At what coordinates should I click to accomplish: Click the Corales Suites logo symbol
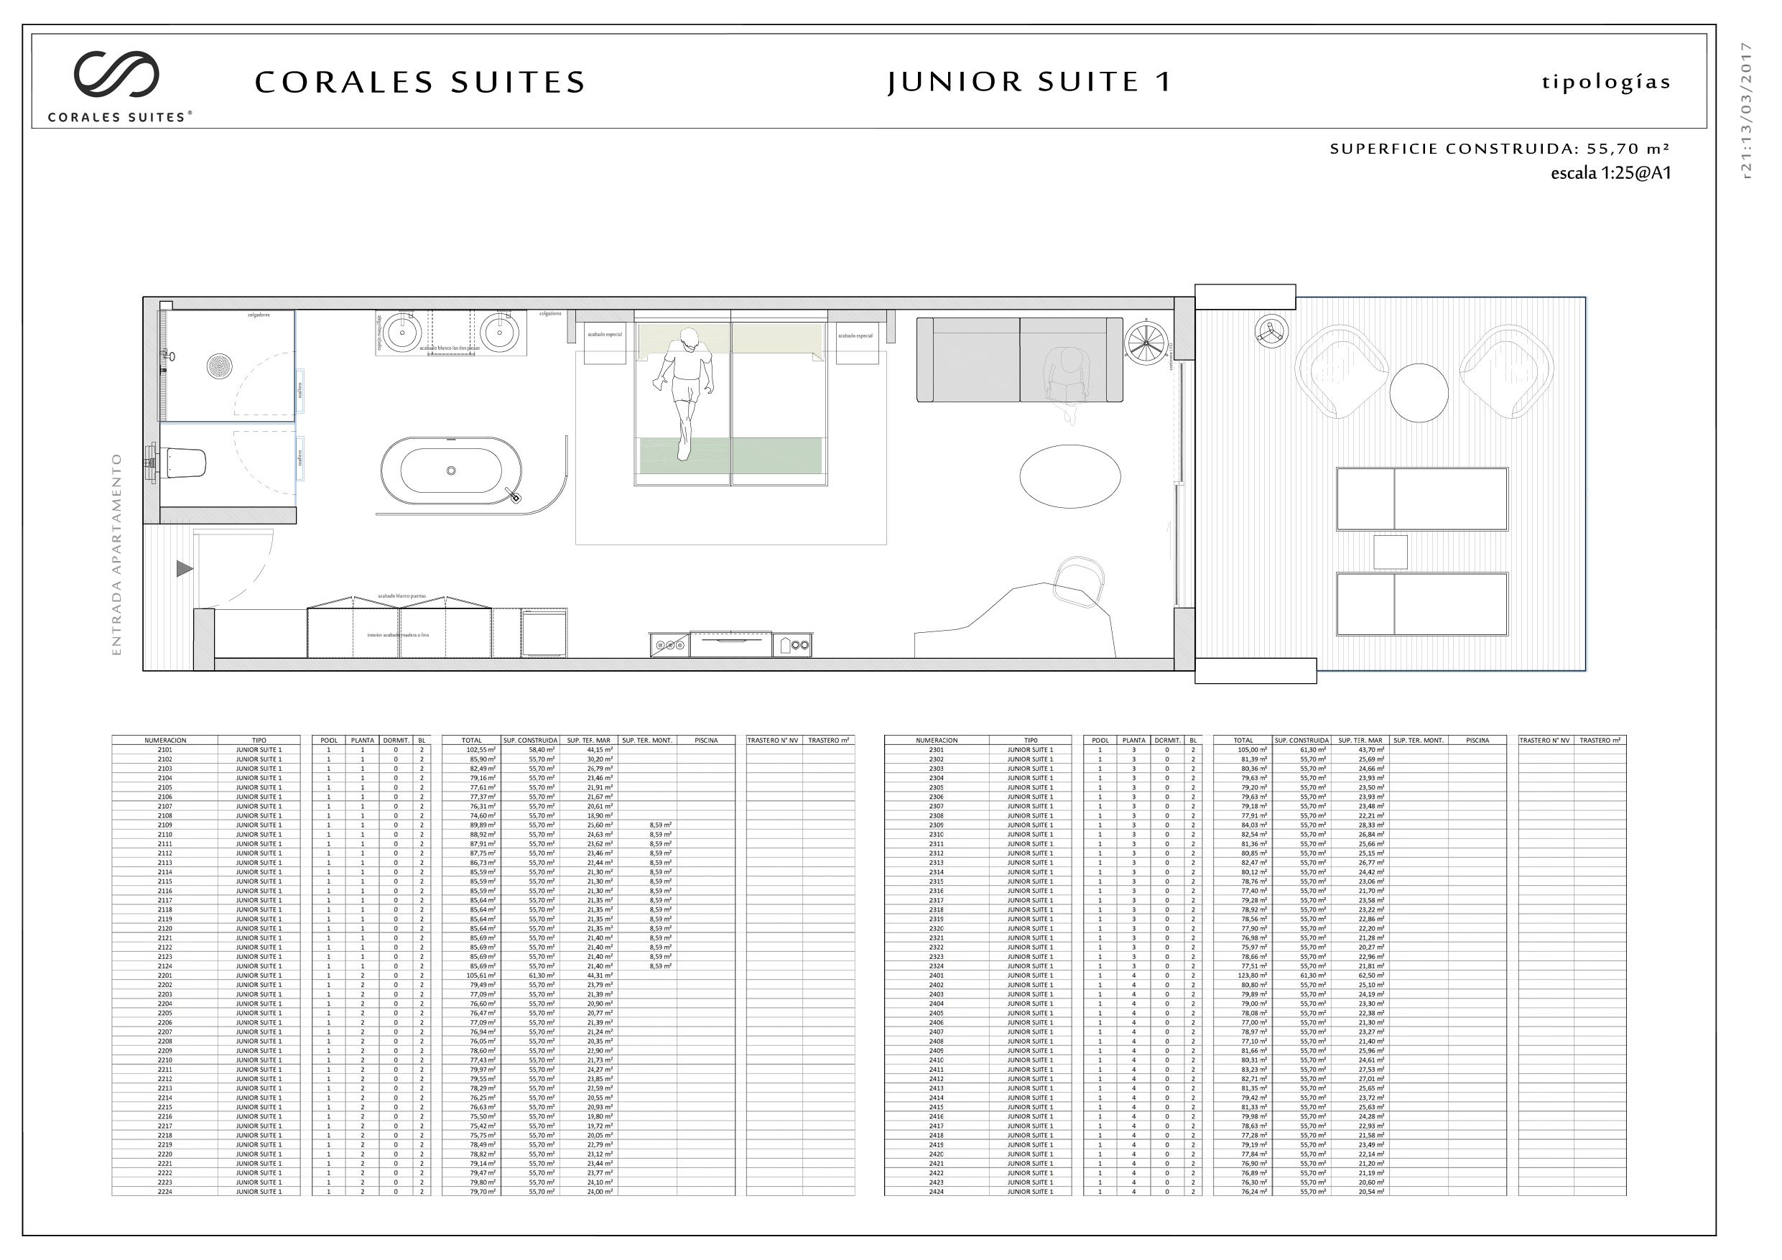coord(116,74)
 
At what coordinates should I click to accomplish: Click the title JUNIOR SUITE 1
coord(1029,81)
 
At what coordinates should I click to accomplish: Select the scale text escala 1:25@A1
coord(1610,173)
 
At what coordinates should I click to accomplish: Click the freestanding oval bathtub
coord(450,471)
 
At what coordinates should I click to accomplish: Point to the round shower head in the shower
coord(220,366)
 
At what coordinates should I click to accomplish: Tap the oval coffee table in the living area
coord(1069,476)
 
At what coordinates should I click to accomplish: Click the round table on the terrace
coord(1419,393)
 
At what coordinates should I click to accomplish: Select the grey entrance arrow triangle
coord(184,569)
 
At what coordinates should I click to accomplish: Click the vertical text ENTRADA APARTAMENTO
coord(117,555)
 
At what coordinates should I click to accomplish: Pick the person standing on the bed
coord(683,391)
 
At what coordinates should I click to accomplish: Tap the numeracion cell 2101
coord(164,750)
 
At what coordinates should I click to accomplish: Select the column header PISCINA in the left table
coord(705,741)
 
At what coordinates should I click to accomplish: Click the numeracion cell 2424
coord(936,1191)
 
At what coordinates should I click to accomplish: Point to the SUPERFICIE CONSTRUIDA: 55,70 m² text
coord(1500,149)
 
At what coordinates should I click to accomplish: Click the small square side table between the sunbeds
coord(1390,552)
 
